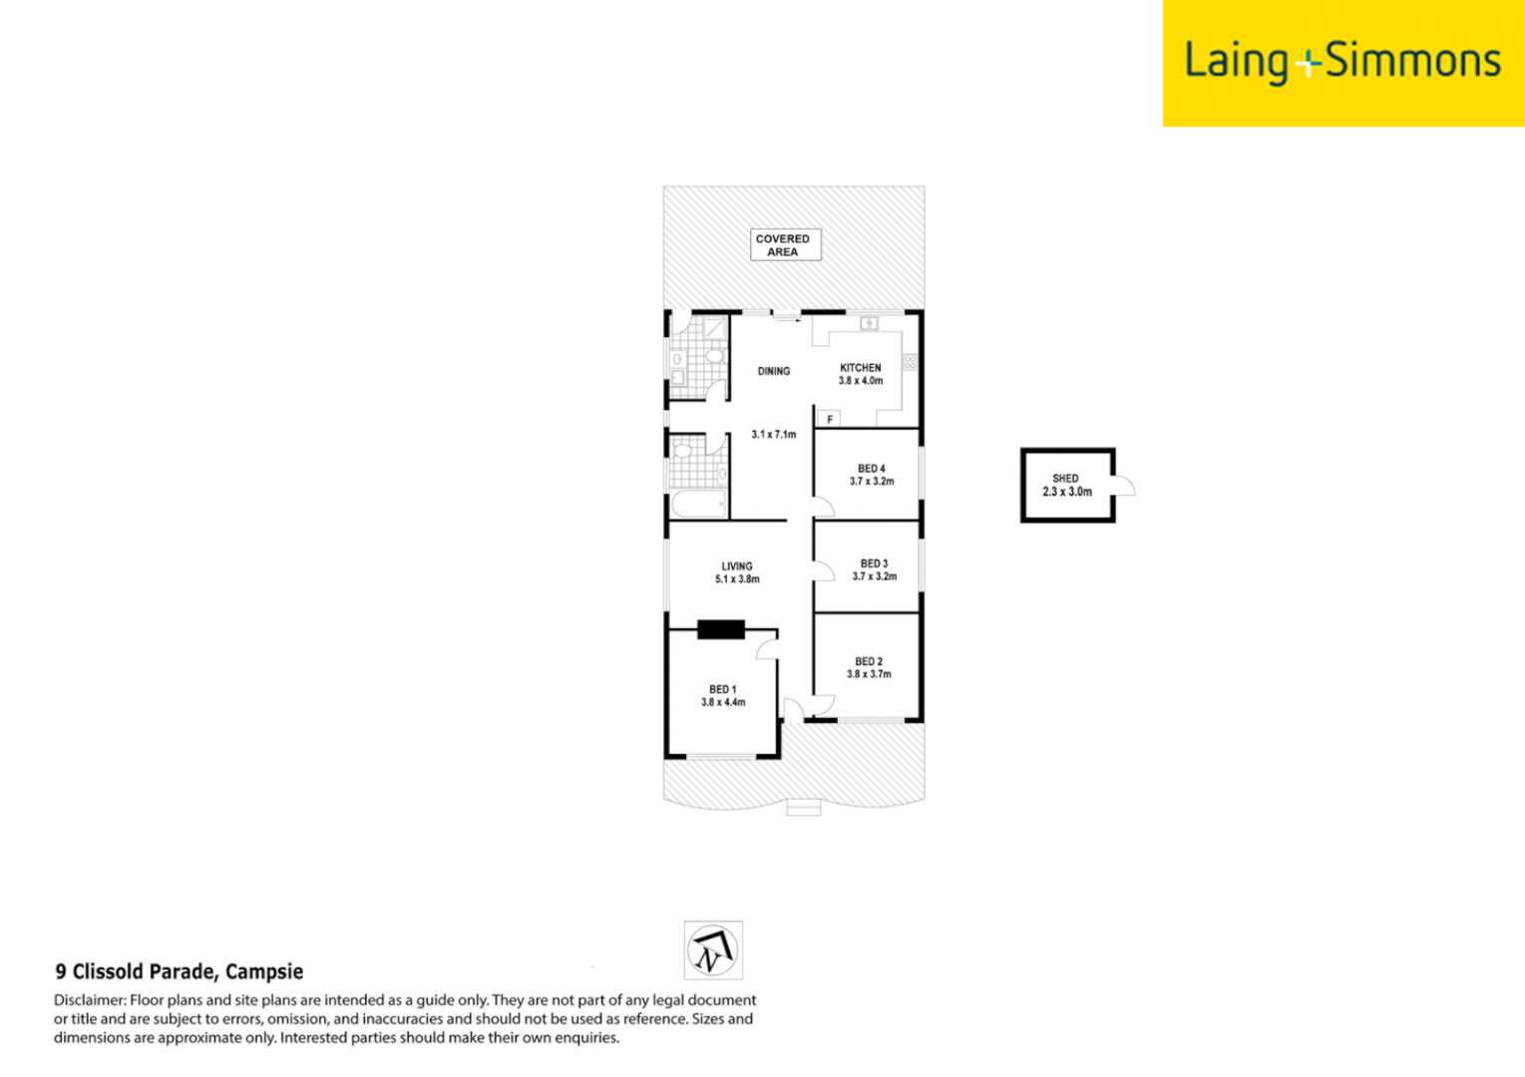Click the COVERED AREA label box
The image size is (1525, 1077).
coord(785,245)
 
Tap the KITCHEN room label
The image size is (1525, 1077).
coord(860,368)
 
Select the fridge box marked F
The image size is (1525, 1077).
coord(829,420)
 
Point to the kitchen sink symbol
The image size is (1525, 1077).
coord(869,323)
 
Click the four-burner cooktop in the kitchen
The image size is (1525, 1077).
coord(909,362)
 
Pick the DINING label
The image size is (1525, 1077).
coord(773,371)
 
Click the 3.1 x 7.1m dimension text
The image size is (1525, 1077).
coord(773,435)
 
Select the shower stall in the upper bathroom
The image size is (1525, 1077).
coord(715,327)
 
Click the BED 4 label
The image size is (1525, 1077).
coord(871,469)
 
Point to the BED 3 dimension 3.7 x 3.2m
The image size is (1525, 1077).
coord(874,576)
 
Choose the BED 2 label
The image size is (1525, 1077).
coord(868,661)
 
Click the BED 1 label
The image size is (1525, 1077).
coord(722,689)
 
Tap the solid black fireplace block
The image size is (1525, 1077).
coord(720,629)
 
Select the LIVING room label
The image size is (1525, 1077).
coord(737,566)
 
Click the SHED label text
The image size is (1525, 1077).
coord(1065,479)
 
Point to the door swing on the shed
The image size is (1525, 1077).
coord(1124,487)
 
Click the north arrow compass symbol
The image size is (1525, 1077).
coord(713,950)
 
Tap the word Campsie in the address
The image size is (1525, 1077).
coord(264,971)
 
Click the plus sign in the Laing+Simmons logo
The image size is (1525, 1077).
coord(1307,66)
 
